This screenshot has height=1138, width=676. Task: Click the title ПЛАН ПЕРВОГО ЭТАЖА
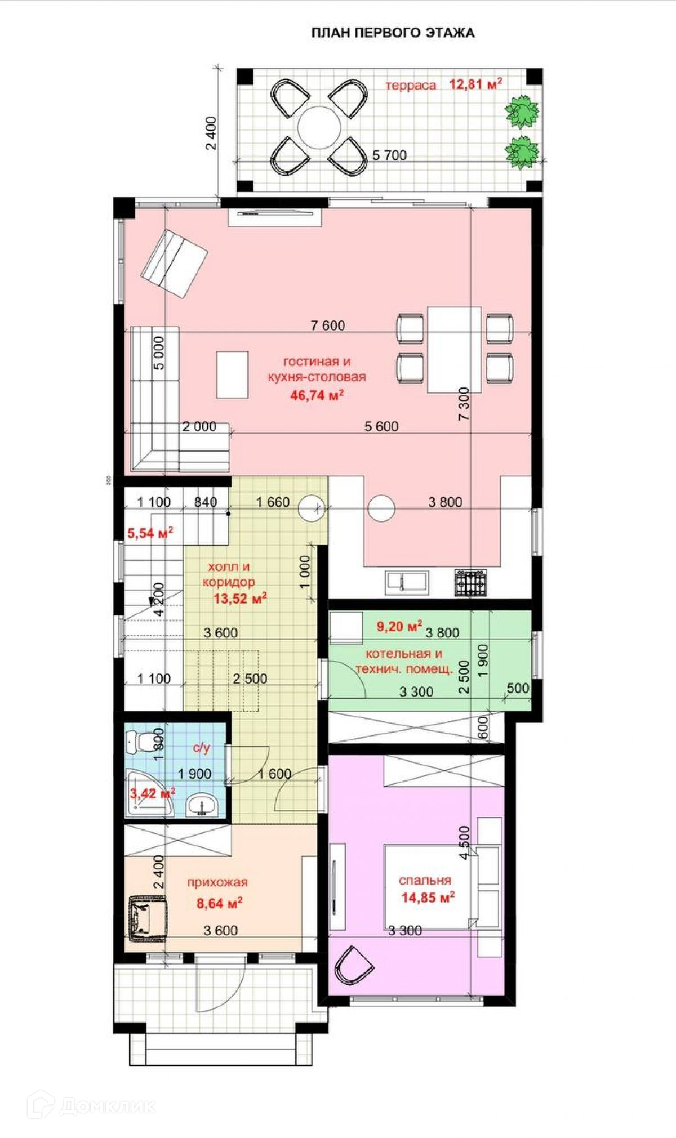point(393,33)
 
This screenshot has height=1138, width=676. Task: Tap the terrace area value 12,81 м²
point(475,84)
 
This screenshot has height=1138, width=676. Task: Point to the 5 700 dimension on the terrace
point(389,155)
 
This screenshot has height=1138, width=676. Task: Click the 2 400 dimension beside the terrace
point(211,133)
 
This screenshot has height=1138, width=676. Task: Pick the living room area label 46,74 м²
point(317,395)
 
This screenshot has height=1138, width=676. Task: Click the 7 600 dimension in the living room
point(328,325)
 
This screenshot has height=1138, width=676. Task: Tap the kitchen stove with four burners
point(470,582)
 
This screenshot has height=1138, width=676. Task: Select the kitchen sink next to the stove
point(407,582)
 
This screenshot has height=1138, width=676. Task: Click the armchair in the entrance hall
point(148,919)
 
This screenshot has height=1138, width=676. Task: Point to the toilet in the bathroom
point(140,742)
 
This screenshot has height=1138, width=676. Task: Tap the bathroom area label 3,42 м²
point(152,793)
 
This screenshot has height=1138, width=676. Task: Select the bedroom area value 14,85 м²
point(428,898)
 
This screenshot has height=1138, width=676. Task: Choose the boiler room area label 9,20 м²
point(399,626)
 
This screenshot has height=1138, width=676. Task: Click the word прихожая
point(217,882)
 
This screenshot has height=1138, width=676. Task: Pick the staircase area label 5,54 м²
point(150,532)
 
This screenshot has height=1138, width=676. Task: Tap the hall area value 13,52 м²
point(240,598)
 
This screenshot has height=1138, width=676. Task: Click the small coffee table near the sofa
point(233,374)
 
